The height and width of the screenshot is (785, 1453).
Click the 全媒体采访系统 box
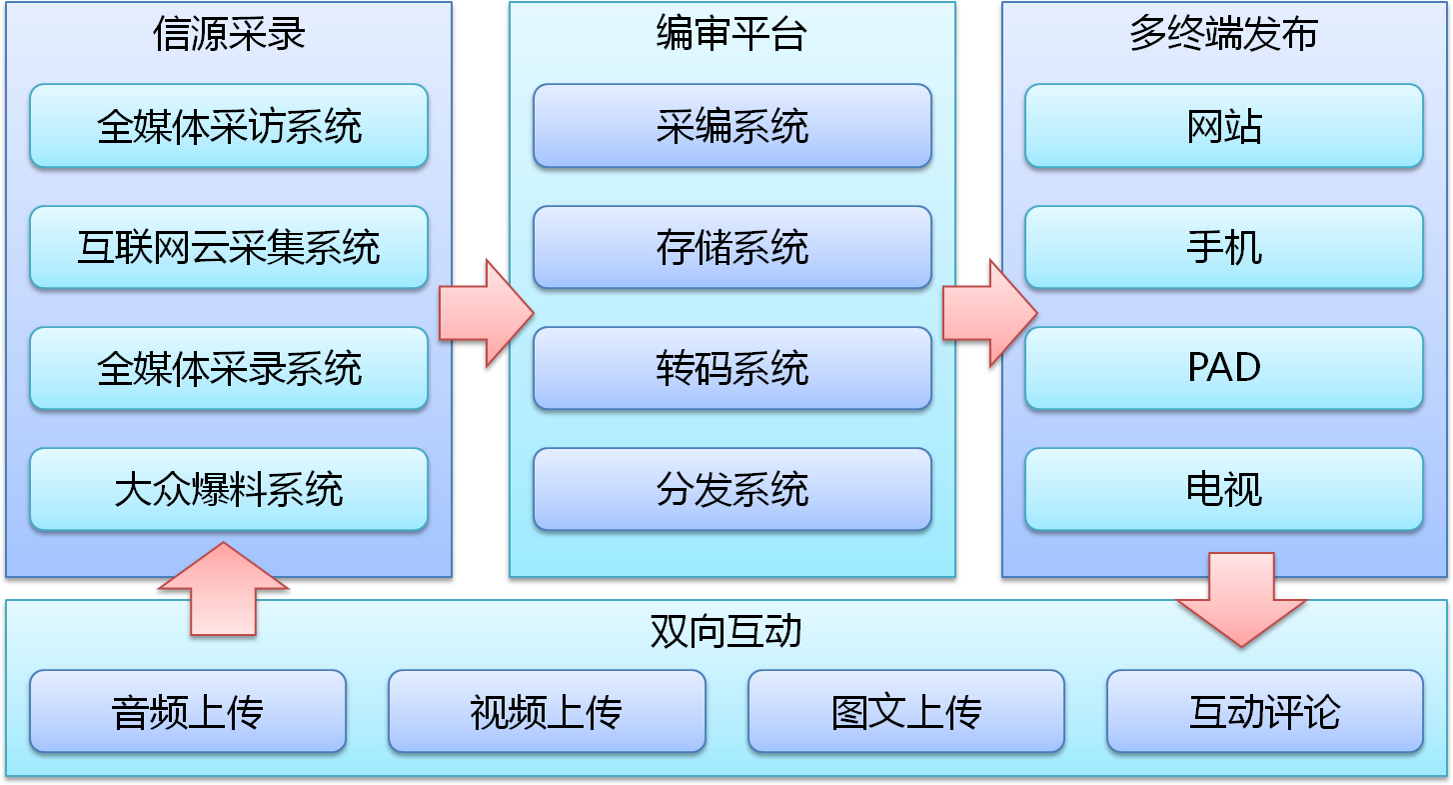pyautogui.click(x=229, y=126)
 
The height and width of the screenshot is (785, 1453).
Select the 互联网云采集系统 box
pyautogui.click(x=229, y=247)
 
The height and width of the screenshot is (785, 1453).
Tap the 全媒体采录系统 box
pyautogui.click(x=229, y=368)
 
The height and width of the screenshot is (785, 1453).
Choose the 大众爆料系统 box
pyautogui.click(x=229, y=489)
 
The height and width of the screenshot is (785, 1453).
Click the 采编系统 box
pyautogui.click(x=731, y=126)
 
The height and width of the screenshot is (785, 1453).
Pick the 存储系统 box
pyautogui.click(x=731, y=247)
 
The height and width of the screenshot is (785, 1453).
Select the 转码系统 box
pyautogui.click(x=731, y=368)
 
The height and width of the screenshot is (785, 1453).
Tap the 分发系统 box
pyautogui.click(x=731, y=489)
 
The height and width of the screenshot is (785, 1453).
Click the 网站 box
pyautogui.click(x=1223, y=126)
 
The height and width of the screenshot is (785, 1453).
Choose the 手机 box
pyautogui.click(x=1223, y=247)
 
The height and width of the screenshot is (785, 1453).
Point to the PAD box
pyautogui.click(x=1223, y=368)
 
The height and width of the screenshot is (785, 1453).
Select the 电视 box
pyautogui.click(x=1223, y=489)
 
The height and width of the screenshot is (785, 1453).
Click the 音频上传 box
pyautogui.click(x=188, y=711)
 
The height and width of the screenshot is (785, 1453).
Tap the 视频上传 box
pyautogui.click(x=547, y=711)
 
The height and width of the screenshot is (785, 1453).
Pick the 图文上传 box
pyautogui.click(x=905, y=711)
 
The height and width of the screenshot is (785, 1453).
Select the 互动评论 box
pyautogui.click(x=1264, y=711)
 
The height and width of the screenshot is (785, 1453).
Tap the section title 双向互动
pyautogui.click(x=726, y=632)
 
